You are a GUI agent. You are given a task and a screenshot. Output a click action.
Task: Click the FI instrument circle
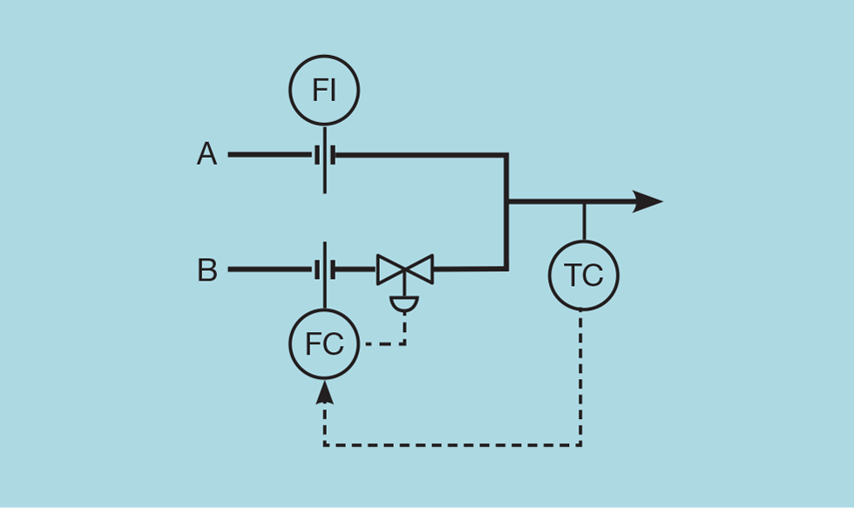tap(324, 90)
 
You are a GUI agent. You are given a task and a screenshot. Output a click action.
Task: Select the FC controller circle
tap(324, 344)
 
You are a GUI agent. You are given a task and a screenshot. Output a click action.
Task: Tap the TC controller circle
tap(583, 275)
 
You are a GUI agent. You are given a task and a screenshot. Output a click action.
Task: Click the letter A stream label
tap(207, 155)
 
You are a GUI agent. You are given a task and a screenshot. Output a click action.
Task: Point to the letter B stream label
tap(207, 270)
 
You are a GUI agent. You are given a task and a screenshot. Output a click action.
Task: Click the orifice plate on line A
tap(324, 156)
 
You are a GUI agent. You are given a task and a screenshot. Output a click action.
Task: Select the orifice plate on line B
tap(324, 270)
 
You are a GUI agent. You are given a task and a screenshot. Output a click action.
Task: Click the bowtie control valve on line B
tap(405, 269)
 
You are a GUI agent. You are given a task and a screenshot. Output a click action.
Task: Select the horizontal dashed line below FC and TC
tap(453, 445)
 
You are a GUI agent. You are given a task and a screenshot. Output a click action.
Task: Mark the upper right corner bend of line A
tap(505, 156)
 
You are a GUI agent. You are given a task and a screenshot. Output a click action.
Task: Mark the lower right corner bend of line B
tap(505, 268)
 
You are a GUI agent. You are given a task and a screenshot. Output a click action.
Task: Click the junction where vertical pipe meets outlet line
tap(507, 201)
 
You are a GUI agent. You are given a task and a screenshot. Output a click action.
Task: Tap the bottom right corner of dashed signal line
tap(580, 444)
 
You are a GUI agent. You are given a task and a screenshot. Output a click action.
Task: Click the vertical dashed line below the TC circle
tap(581, 375)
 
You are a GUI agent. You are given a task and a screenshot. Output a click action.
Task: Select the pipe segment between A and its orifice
tap(270, 155)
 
